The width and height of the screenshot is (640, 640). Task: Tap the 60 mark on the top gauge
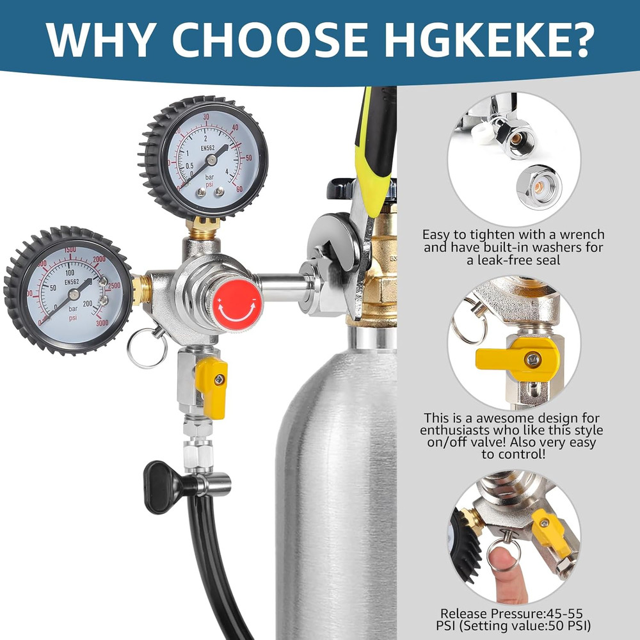(239, 189)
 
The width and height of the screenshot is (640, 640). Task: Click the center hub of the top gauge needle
(211, 160)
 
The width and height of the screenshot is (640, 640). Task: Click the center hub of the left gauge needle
(74, 294)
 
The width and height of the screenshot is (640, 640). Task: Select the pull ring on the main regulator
(147, 349)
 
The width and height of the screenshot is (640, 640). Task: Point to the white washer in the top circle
(486, 133)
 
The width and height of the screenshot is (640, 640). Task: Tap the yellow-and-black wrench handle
(376, 147)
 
